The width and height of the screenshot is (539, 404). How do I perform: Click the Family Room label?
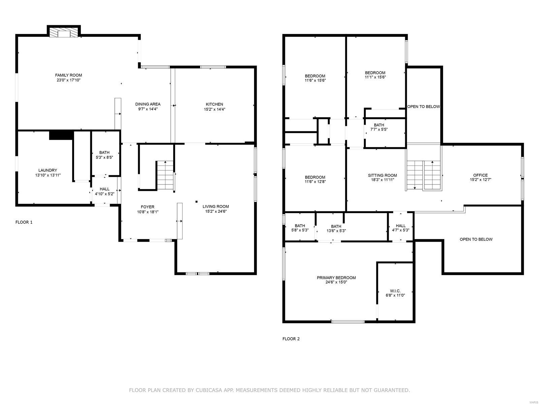(68, 75)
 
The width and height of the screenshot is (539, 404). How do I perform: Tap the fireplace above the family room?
(63, 33)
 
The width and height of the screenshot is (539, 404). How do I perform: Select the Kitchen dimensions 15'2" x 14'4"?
(214, 109)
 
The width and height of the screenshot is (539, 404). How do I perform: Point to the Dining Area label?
(148, 104)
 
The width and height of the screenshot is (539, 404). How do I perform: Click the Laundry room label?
(47, 170)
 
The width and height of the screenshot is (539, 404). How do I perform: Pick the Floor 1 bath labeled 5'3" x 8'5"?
(104, 155)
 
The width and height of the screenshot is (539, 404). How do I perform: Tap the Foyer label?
(148, 207)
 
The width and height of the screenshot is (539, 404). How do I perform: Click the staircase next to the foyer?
(165, 175)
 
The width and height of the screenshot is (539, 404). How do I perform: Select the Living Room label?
(216, 206)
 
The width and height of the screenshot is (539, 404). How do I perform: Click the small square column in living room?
(196, 202)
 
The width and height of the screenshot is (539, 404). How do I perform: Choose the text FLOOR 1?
(24, 222)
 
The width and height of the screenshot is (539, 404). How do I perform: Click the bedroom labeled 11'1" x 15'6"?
(375, 75)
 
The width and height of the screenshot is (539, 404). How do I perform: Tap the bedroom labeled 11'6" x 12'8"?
(315, 179)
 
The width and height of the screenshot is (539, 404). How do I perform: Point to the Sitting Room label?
(382, 175)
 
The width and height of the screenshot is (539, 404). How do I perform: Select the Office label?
(480, 175)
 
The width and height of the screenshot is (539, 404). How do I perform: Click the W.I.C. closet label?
(395, 291)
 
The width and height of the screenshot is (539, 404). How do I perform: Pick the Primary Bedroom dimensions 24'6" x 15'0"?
(336, 282)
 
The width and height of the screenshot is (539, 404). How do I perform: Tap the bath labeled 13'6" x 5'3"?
(336, 229)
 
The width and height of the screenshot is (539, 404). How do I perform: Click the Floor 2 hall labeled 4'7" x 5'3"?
(401, 228)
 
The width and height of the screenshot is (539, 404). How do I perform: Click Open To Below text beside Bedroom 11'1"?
(423, 107)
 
